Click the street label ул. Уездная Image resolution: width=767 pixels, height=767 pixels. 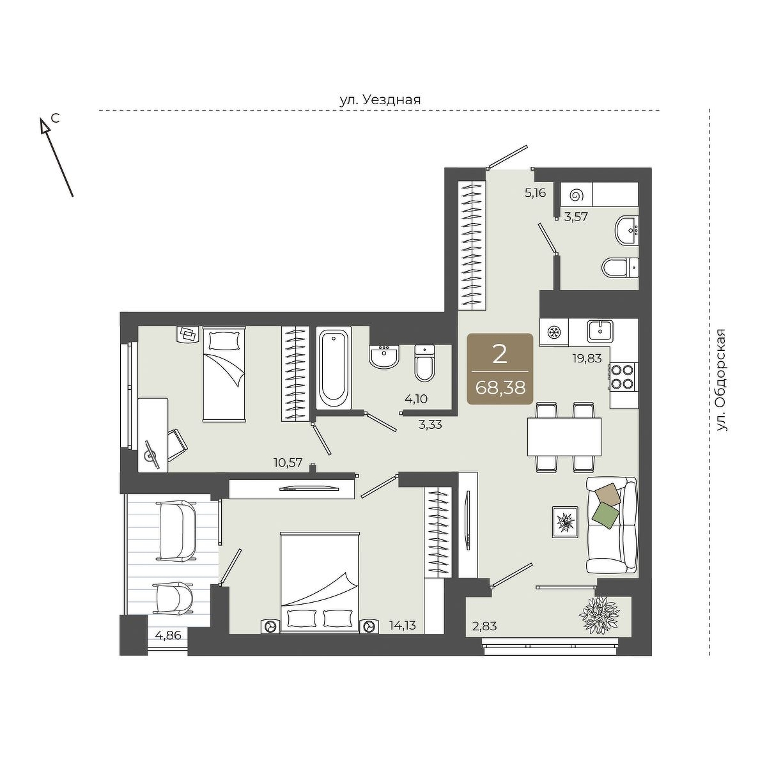pos(380,100)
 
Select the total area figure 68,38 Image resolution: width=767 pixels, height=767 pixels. pos(500,387)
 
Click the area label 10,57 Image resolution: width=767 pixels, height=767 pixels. pos(288,463)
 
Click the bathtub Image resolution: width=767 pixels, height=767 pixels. pos(334,368)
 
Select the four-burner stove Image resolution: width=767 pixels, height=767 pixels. pos(623,376)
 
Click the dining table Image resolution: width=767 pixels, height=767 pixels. pos(564,437)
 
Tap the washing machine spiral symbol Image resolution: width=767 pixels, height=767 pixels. pos(576,195)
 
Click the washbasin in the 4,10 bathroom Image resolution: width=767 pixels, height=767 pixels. pos(384,356)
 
